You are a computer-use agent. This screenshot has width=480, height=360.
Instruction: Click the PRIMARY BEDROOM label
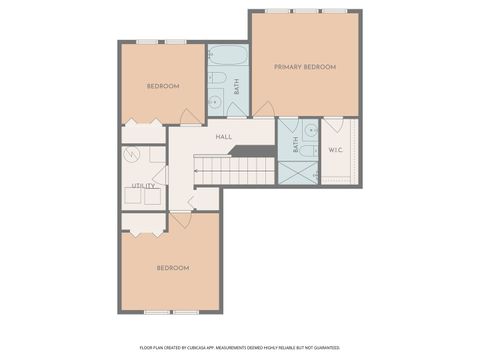305,67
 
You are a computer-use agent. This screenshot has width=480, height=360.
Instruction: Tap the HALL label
224,137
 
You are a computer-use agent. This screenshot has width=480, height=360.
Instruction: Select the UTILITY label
143,186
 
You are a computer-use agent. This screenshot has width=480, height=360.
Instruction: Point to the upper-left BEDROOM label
163,87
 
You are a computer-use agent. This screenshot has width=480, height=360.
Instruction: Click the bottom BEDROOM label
172,268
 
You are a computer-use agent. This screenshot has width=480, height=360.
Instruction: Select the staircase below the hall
235,170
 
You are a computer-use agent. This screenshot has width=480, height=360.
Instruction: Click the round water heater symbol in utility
132,157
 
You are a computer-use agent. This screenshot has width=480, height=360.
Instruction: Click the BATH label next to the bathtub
237,87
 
